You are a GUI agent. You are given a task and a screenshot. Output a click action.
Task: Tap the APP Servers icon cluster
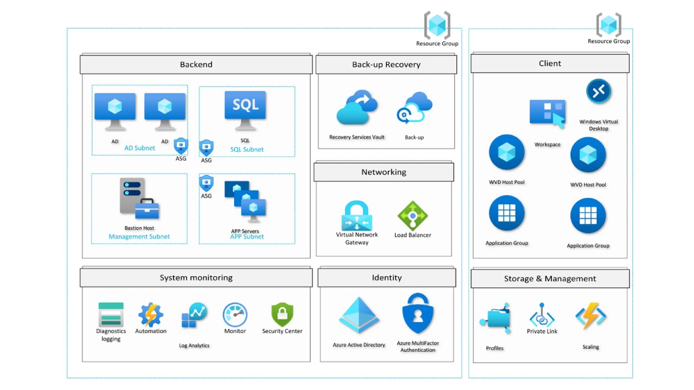tap(246, 201)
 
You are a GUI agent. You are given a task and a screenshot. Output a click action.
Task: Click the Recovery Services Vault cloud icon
tap(356, 108)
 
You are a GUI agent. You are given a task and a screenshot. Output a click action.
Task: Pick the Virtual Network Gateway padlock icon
tap(357, 216)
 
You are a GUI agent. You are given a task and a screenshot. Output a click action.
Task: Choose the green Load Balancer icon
tap(413, 216)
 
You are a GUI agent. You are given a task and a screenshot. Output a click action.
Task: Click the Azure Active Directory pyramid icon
tap(358, 316)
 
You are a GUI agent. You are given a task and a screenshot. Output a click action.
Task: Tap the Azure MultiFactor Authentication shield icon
tap(417, 314)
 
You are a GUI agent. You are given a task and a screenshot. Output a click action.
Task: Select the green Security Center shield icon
tap(282, 315)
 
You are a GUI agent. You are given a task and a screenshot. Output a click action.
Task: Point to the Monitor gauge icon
tap(235, 315)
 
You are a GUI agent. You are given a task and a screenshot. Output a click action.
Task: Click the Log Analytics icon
tap(194, 316)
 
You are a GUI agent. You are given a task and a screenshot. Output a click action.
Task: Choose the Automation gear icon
tap(151, 315)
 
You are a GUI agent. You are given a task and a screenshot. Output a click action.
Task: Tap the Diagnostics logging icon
tap(111, 314)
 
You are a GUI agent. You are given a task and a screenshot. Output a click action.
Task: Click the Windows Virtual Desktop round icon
tap(599, 92)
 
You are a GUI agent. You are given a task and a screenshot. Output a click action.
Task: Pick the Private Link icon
tap(542, 315)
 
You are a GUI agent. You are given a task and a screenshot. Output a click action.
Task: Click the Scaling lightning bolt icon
tap(590, 316)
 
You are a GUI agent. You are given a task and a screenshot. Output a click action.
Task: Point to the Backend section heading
tap(196, 64)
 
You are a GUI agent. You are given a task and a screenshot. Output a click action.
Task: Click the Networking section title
tap(384, 172)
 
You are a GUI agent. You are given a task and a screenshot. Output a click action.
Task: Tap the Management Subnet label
tap(139, 237)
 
